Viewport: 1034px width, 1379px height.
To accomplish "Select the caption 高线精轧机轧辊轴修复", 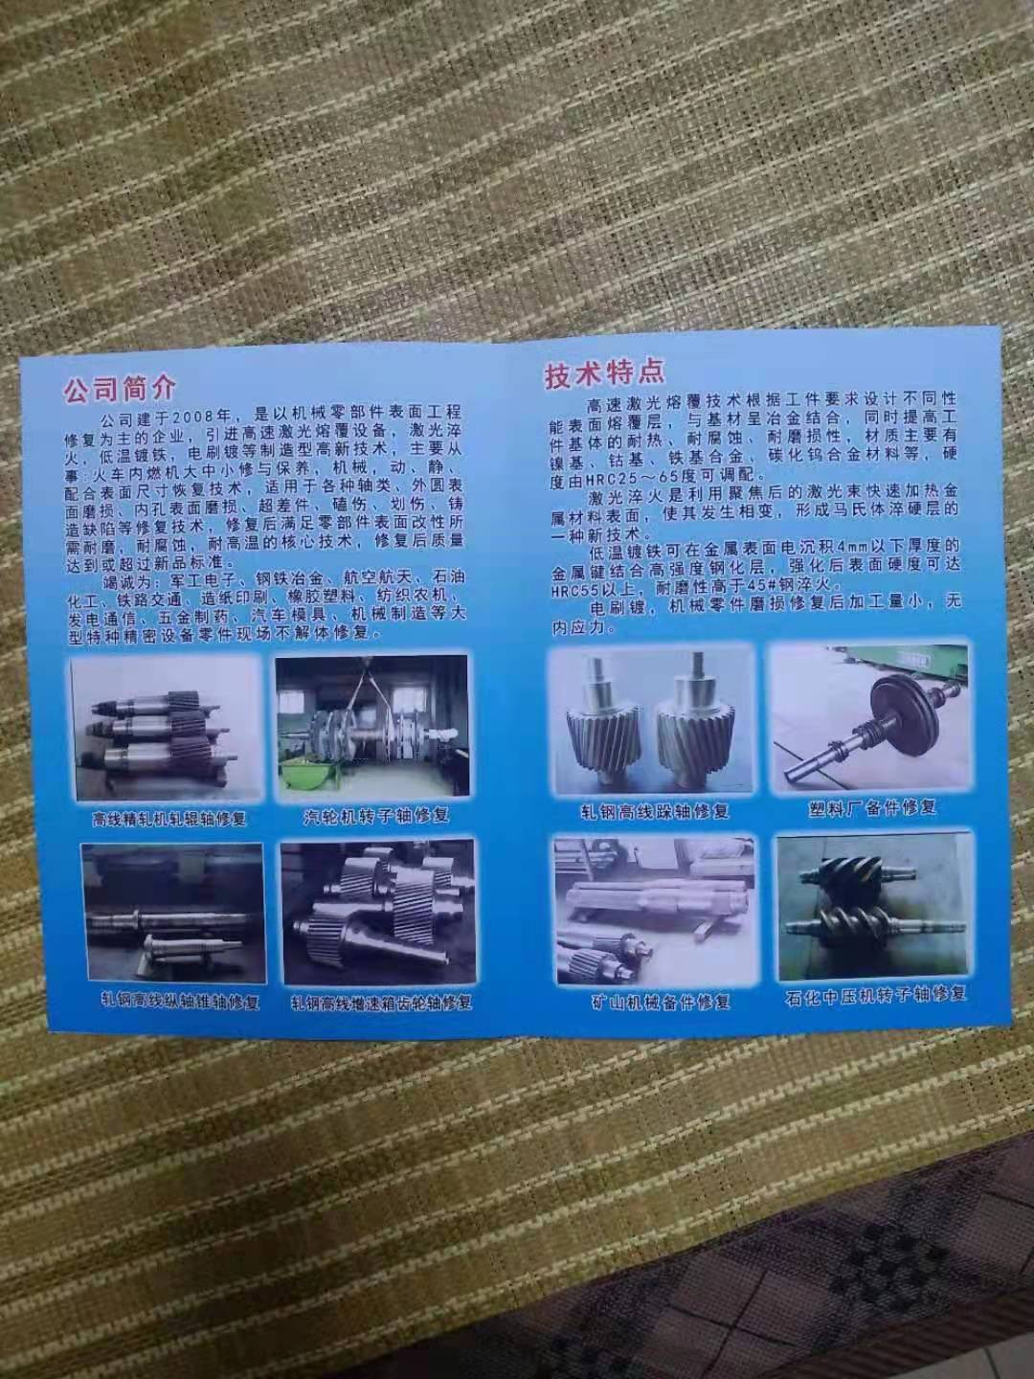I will [x=169, y=819].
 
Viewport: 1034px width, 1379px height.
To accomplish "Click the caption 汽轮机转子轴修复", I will [x=375, y=816].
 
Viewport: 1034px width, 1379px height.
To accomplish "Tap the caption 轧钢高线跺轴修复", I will [x=654, y=811].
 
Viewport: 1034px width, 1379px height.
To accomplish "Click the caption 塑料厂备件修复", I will [x=872, y=806].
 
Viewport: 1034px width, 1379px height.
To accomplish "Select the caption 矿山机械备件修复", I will [x=661, y=1003].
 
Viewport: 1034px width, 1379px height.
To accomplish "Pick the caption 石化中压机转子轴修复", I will [x=875, y=994].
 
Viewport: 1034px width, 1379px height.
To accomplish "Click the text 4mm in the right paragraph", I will [x=833, y=550].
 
